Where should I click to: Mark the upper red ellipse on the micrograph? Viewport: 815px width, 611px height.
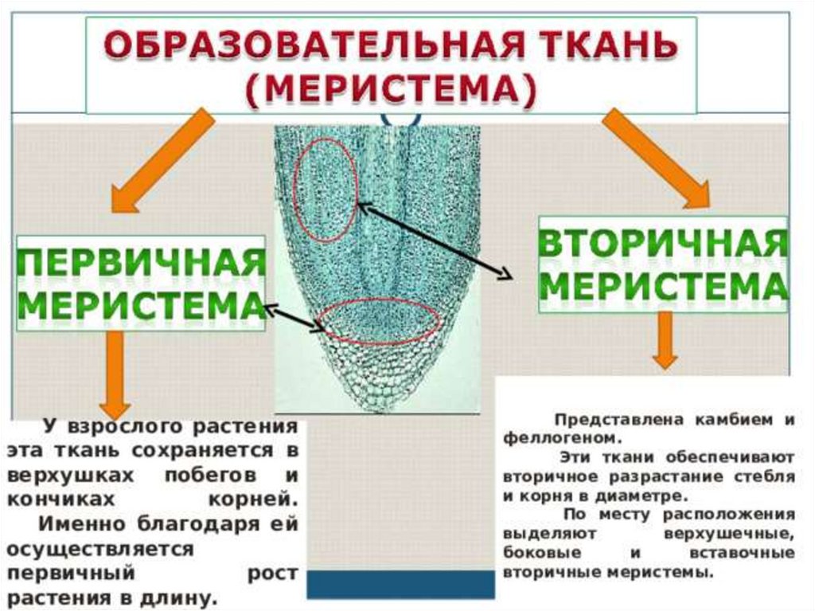(x=326, y=189)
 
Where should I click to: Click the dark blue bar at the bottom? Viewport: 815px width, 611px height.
(x=401, y=584)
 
